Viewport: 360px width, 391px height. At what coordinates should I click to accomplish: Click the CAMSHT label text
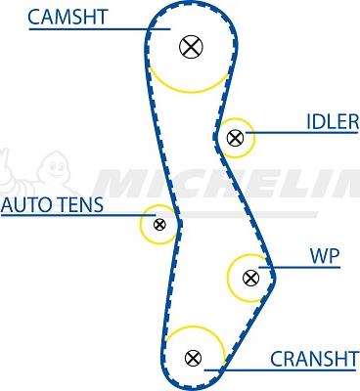pos(67,17)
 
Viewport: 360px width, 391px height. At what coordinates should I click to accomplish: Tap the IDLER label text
pos(332,121)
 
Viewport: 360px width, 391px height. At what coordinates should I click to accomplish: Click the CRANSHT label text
pos(313,359)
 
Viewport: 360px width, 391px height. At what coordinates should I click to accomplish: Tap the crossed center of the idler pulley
pos(235,138)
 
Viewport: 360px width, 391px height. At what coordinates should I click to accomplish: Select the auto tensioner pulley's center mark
pos(159,225)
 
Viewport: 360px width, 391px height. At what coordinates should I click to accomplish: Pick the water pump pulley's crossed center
pos(249,277)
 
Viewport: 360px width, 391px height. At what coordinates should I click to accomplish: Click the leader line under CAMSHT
pos(88,29)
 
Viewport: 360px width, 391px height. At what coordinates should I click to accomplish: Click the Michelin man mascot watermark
pos(24,176)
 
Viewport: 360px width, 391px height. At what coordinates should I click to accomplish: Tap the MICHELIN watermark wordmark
pos(225,183)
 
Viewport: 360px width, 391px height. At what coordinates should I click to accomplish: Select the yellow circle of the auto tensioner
pos(143,225)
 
